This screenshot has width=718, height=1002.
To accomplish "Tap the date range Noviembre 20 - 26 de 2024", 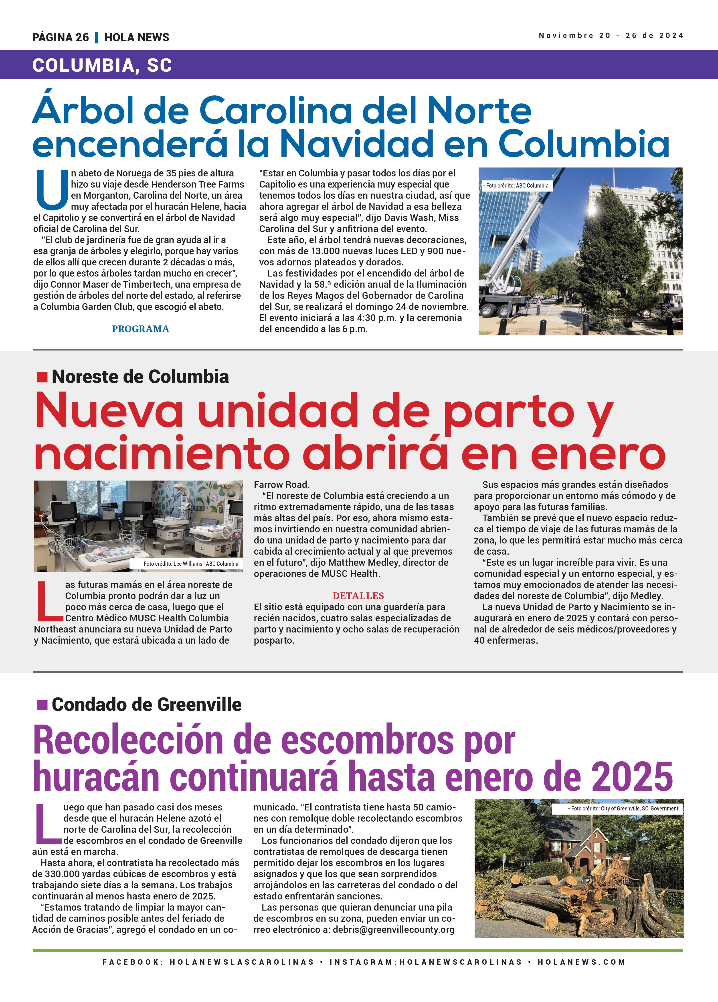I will click(611, 36).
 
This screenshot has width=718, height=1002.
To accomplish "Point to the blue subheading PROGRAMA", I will click(140, 329).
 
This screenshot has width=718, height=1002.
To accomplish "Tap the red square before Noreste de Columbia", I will click(42, 377).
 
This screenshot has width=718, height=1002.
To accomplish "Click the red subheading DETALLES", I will click(358, 596).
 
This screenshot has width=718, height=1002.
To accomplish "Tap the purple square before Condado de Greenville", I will click(42, 705).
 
